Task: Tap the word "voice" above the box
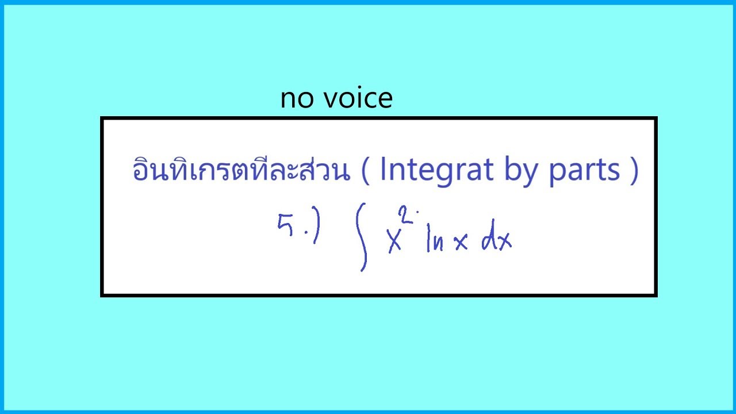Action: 358,99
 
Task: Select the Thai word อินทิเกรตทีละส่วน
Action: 241,170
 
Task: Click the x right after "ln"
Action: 461,243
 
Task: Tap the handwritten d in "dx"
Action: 490,240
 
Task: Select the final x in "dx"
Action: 505,243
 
